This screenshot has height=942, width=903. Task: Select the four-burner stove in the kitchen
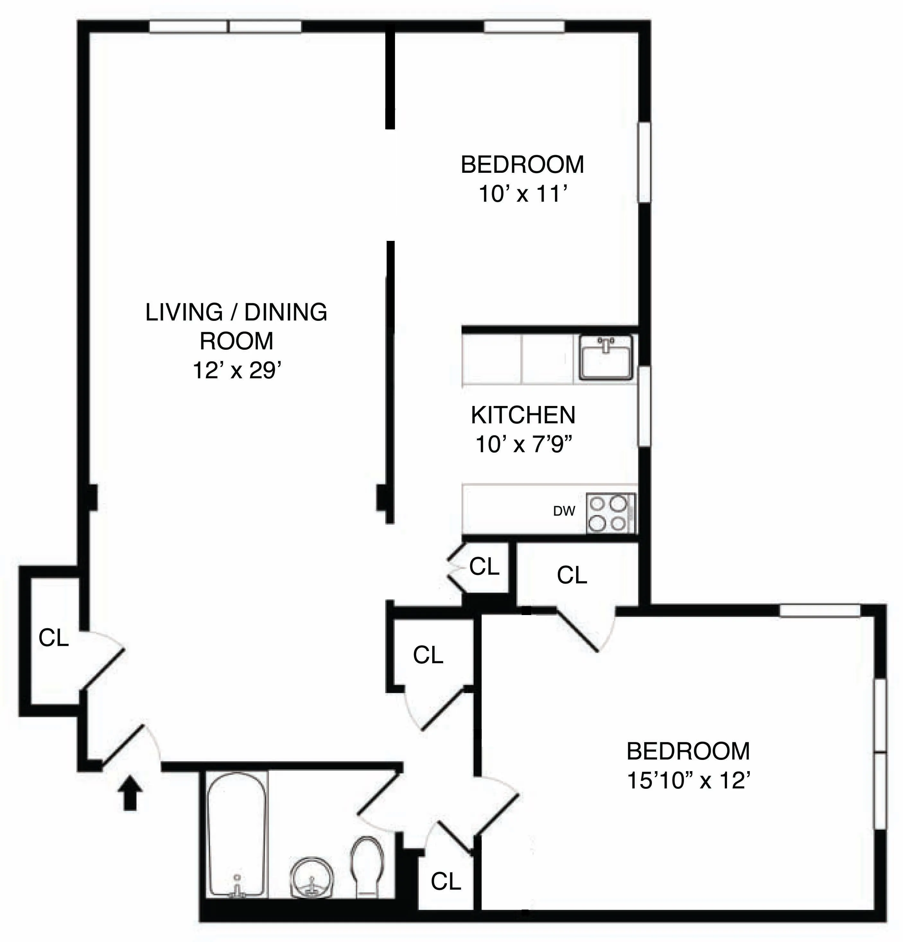pyautogui.click(x=610, y=513)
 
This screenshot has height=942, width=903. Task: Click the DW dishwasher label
pyautogui.click(x=564, y=511)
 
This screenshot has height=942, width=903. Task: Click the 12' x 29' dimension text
pyautogui.click(x=236, y=371)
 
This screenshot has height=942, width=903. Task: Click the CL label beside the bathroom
pyautogui.click(x=445, y=881)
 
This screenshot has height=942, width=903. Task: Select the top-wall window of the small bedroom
pyautogui.click(x=524, y=27)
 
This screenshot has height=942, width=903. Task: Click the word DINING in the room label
pyautogui.click(x=285, y=313)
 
